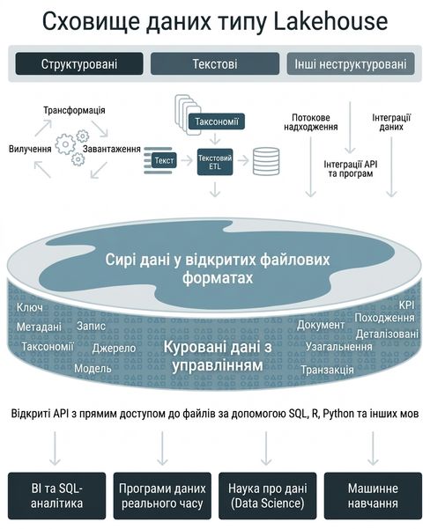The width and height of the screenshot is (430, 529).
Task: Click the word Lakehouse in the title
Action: [330, 21]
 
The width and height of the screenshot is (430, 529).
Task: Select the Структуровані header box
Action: [79, 63]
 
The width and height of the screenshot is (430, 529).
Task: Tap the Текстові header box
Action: [215, 63]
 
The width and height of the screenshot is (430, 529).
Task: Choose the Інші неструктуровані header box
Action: [351, 63]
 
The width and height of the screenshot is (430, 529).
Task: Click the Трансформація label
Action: [74, 110]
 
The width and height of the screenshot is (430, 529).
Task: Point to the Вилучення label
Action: [30, 149]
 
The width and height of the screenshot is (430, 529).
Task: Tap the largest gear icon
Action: [65, 144]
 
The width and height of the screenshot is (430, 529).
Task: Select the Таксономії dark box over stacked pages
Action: [217, 121]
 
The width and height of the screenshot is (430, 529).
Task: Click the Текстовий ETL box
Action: [215, 162]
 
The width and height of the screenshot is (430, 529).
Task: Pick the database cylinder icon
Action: [266, 162]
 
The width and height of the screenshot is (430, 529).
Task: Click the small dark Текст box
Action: [164, 160]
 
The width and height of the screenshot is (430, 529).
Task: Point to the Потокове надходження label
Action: [311, 122]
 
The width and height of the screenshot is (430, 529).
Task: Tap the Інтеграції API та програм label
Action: [351, 169]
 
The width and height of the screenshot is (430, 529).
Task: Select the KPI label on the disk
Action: [406, 305]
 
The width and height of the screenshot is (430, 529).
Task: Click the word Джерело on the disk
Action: [114, 349]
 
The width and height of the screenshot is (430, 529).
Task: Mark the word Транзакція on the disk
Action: [327, 370]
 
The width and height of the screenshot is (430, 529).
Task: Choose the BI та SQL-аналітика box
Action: [56, 496]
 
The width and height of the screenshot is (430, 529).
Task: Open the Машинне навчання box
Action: [373, 496]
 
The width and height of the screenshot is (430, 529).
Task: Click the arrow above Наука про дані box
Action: [266, 448]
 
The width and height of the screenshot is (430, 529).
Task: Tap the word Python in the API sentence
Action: [338, 414]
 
